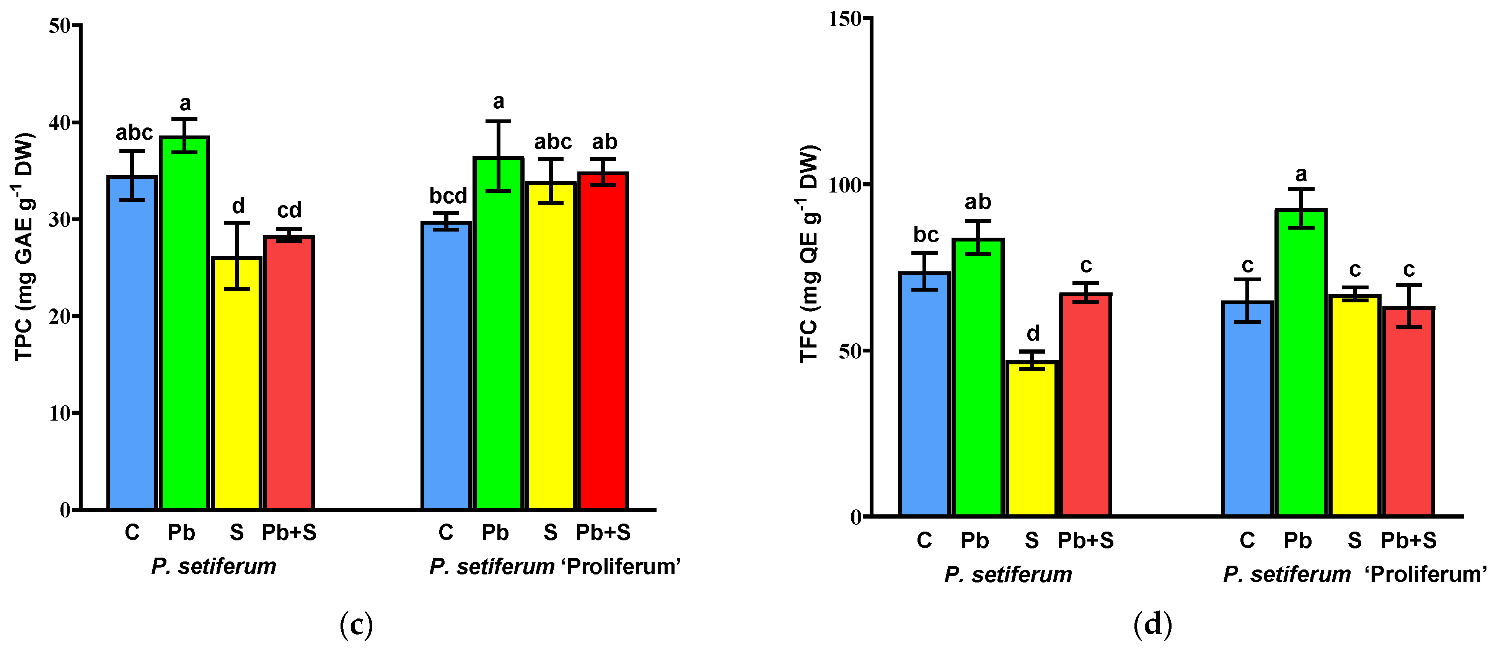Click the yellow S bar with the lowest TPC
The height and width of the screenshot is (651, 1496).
(x=236, y=383)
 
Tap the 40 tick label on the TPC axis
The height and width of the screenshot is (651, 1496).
(x=59, y=122)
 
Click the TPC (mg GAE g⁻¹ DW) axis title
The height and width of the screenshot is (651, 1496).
(x=24, y=247)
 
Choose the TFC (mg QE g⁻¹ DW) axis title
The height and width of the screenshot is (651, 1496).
(x=809, y=254)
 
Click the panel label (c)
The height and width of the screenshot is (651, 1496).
(x=355, y=625)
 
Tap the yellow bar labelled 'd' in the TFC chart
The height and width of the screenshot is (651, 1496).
(x=1032, y=439)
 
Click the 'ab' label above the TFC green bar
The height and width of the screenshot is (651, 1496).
(x=978, y=202)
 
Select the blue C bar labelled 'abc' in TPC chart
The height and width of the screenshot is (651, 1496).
(x=132, y=343)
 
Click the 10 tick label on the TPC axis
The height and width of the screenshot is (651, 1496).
(x=59, y=413)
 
